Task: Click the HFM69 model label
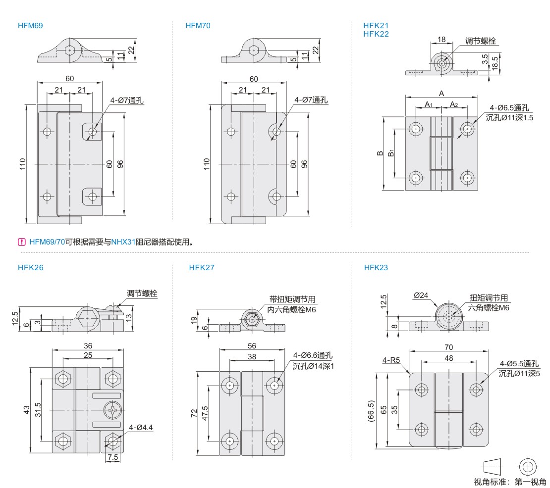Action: tap(29, 26)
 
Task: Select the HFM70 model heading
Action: tap(198, 26)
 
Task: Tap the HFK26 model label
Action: tap(30, 268)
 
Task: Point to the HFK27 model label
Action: tap(202, 268)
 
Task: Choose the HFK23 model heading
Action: tap(376, 268)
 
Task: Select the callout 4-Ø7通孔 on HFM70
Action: tap(311, 99)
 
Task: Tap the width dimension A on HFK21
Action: tap(441, 93)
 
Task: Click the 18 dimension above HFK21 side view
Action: tap(442, 40)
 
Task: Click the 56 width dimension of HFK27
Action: tap(252, 346)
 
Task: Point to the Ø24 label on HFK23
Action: tap(421, 295)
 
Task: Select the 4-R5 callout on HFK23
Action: tap(391, 360)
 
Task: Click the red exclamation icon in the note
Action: tap(22, 242)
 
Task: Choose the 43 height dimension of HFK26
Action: tap(27, 410)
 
